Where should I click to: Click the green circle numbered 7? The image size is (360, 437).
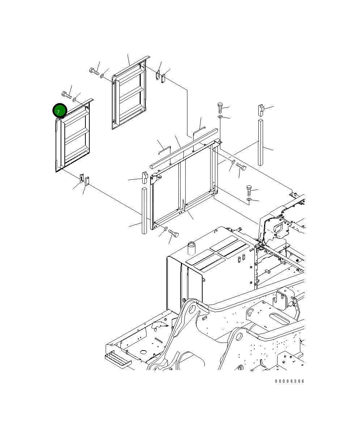pos(60,110)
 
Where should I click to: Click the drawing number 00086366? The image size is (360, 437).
pos(289,381)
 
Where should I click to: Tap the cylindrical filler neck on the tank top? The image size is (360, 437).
pos(191,248)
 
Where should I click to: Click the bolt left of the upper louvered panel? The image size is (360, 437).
pos(94,71)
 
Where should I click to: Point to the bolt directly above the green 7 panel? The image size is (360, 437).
pos(67,95)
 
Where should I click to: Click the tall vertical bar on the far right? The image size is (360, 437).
pos(261,142)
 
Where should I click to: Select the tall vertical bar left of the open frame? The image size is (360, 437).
pos(144,211)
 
